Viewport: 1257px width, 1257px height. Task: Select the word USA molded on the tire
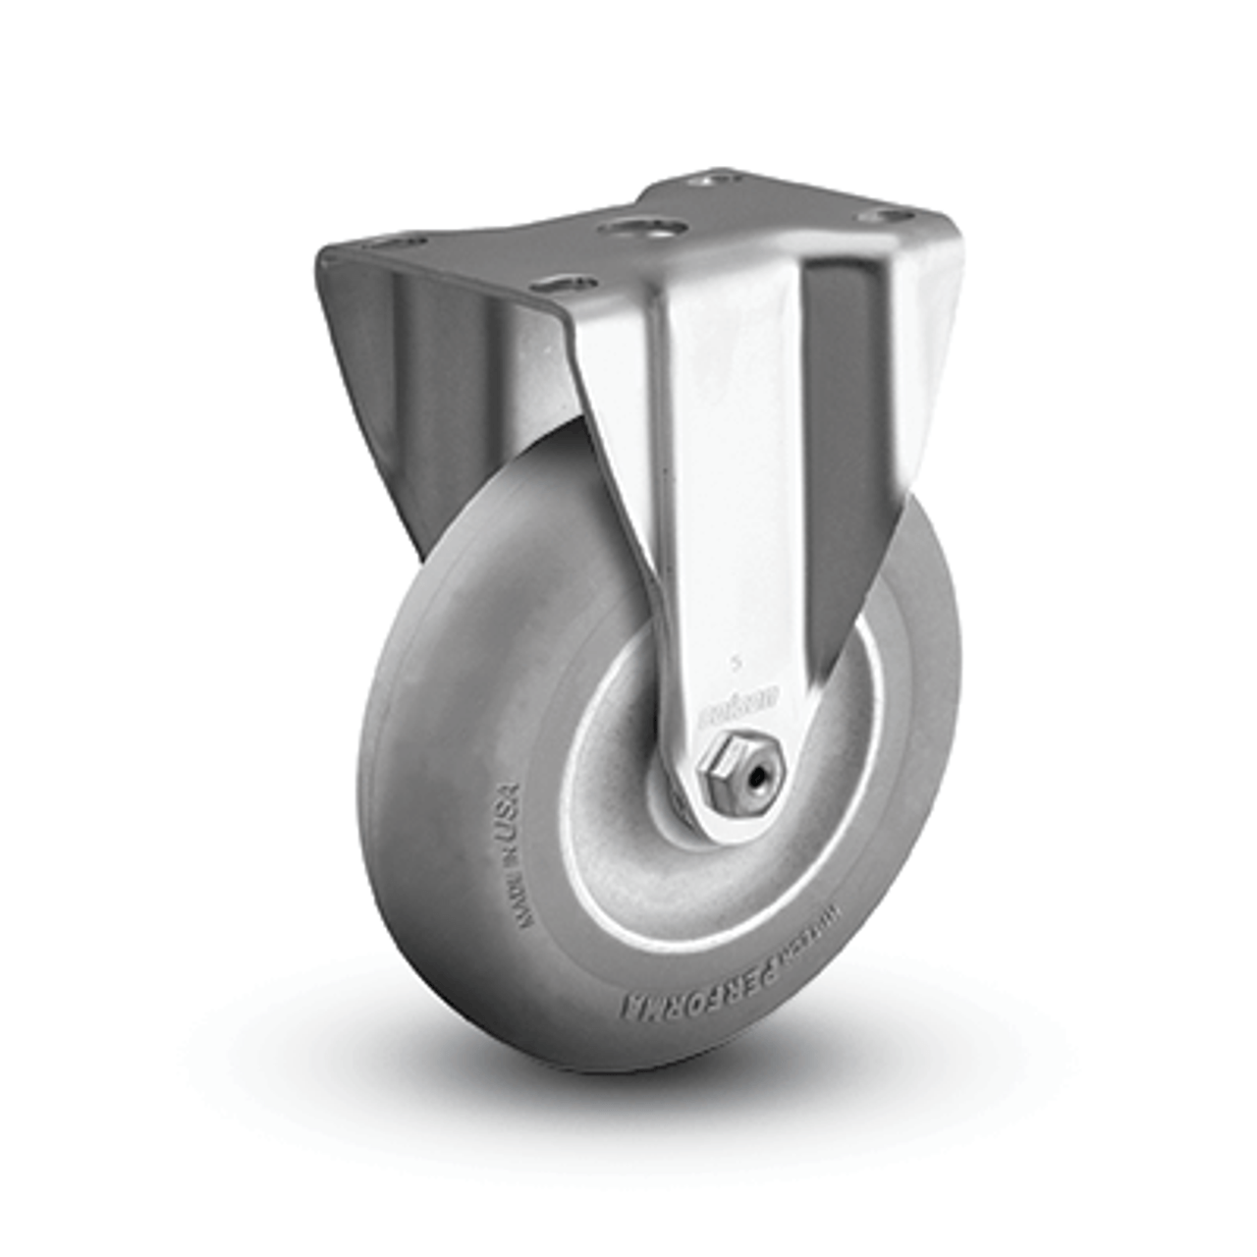click(506, 812)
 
